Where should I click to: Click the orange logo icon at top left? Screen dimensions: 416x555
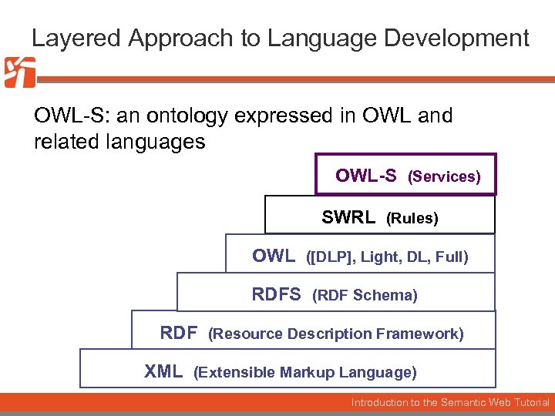click(19, 72)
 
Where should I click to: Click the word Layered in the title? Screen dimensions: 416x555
click(68, 38)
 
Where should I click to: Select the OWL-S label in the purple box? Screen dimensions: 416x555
click(366, 176)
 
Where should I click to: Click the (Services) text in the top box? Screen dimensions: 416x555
click(444, 177)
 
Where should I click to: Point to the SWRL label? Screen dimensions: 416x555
click(348, 217)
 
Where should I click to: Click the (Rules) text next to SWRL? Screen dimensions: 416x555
click(412, 219)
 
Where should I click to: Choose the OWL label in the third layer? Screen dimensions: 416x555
click(274, 256)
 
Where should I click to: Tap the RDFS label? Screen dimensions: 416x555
click(277, 294)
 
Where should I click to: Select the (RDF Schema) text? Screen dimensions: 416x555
click(365, 296)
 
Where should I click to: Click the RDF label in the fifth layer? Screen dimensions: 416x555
click(179, 333)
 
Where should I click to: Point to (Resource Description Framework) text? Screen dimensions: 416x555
click(336, 334)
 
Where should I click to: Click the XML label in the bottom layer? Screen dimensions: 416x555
click(163, 372)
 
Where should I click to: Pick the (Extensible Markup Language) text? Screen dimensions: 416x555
click(305, 373)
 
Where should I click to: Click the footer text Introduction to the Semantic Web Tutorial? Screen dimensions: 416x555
click(450, 402)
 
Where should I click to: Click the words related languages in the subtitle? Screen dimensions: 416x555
click(119, 142)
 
